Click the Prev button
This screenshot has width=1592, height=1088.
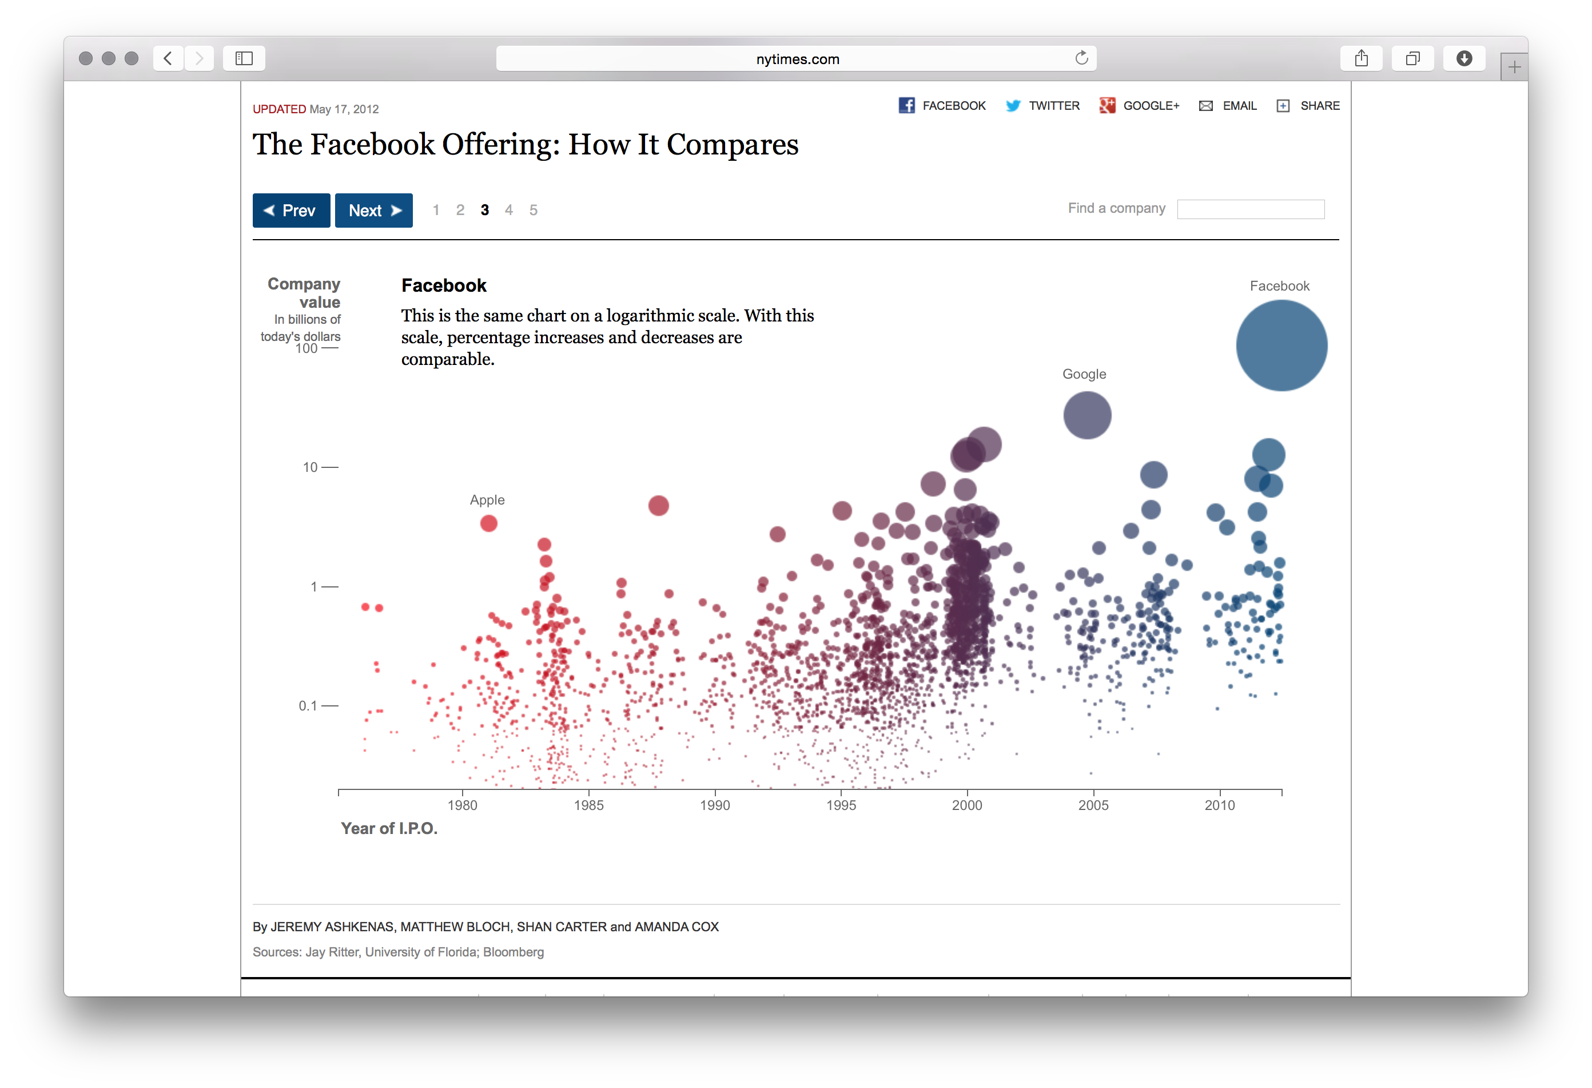click(x=291, y=211)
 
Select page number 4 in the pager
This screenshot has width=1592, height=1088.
click(x=508, y=211)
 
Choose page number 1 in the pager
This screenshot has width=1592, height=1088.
click(x=436, y=211)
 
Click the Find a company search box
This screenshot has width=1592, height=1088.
click(x=1250, y=209)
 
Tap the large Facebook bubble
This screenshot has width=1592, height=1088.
click(x=1281, y=346)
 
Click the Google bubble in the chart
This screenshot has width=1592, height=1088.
click(x=1086, y=415)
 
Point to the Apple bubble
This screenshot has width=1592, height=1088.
click(x=488, y=523)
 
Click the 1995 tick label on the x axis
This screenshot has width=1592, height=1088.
click(x=841, y=805)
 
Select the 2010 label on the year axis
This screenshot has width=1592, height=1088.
click(x=1219, y=805)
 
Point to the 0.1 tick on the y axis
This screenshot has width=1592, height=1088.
click(x=308, y=706)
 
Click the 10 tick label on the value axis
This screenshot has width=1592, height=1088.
click(x=311, y=467)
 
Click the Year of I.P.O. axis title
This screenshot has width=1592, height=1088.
click(x=389, y=828)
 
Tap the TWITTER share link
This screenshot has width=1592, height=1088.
click(x=1042, y=105)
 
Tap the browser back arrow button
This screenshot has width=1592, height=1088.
click(x=168, y=58)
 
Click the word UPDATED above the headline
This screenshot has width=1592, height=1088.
click(x=279, y=109)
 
